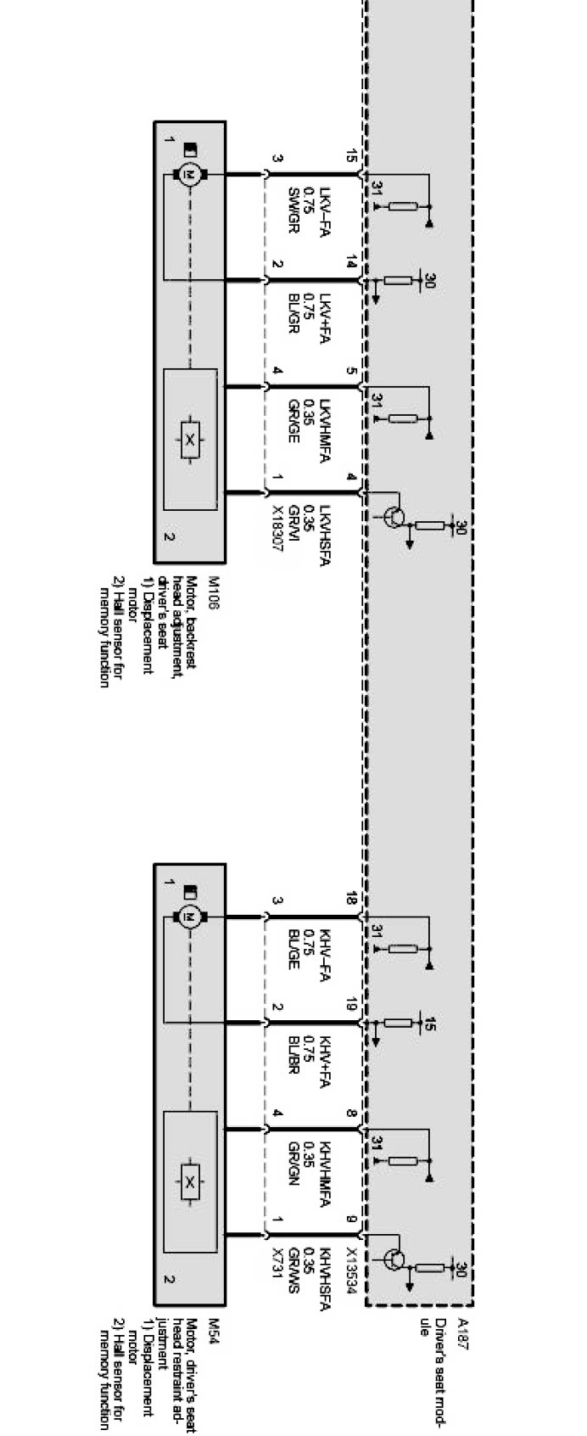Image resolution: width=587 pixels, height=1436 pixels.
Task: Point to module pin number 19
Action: [352, 1007]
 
